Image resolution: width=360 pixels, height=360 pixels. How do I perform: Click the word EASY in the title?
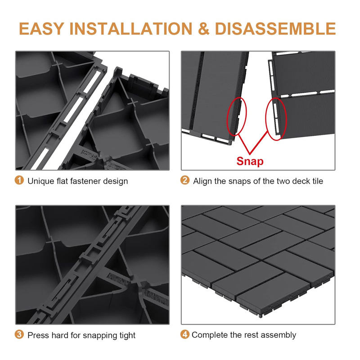pyautogui.click(x=41, y=29)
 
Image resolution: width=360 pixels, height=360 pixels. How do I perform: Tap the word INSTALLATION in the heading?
pyautogui.click(x=130, y=29)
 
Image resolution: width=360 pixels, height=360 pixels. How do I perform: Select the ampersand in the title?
pyautogui.click(x=203, y=29)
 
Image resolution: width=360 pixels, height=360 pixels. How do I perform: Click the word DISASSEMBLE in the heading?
pyautogui.click(x=275, y=29)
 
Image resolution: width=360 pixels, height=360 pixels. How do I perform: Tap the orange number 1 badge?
pyautogui.click(x=19, y=180)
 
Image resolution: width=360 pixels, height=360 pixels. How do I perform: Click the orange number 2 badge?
pyautogui.click(x=185, y=180)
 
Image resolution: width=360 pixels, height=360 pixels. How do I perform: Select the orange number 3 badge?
pyautogui.click(x=19, y=334)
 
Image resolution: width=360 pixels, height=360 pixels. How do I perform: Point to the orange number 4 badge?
pyautogui.click(x=185, y=334)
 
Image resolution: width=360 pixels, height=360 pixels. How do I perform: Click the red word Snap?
pyautogui.click(x=250, y=162)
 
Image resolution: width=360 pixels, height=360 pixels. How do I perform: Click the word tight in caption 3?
pyautogui.click(x=127, y=336)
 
